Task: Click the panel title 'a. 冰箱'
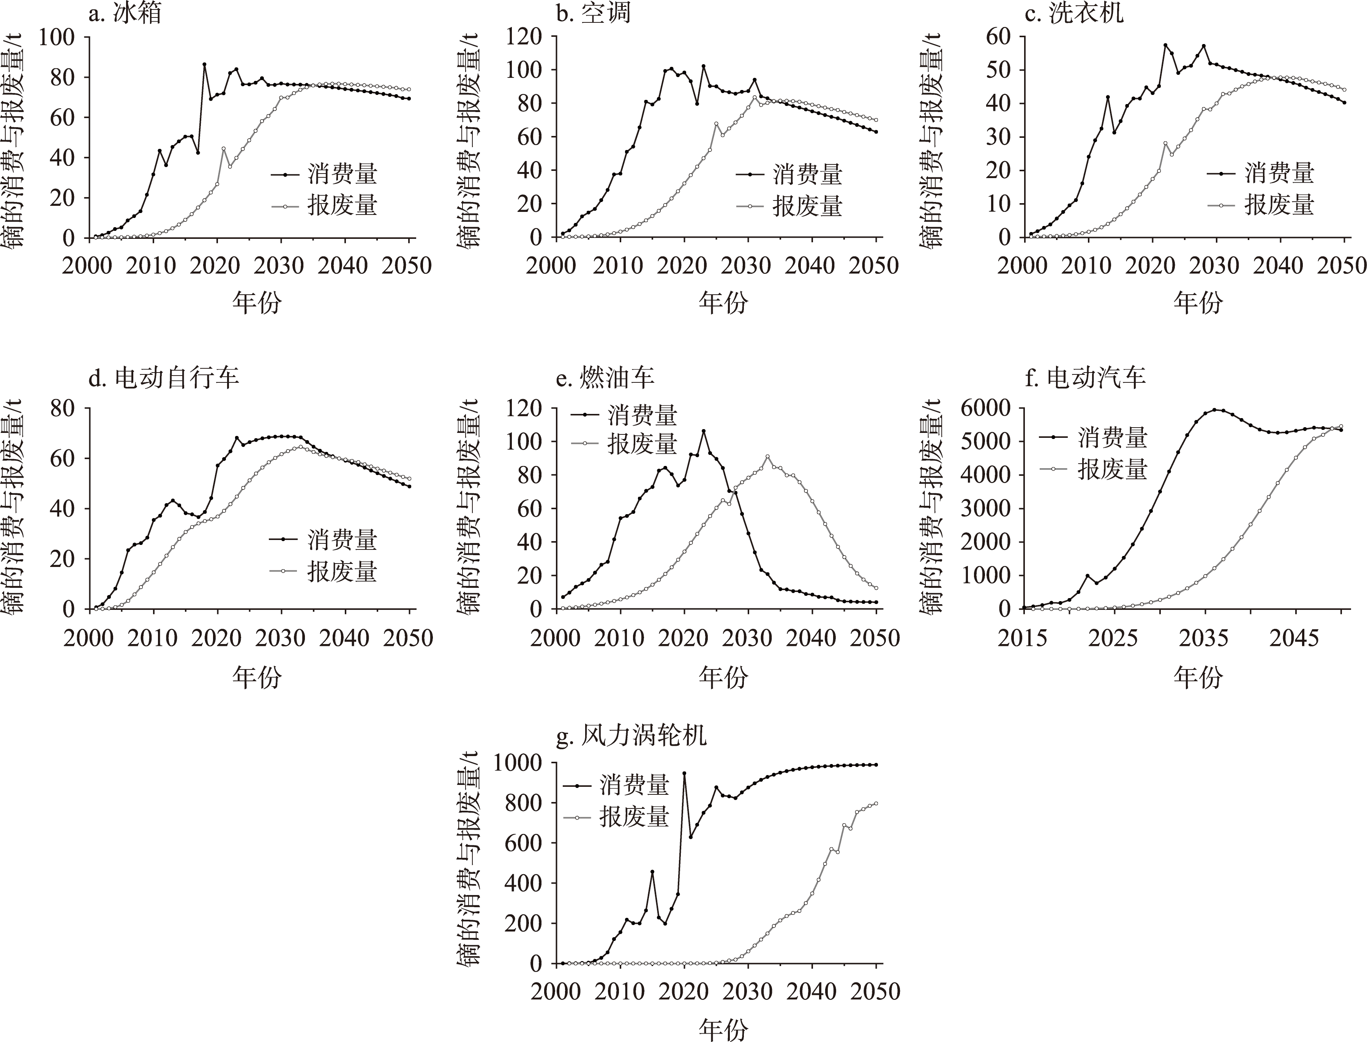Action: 125,13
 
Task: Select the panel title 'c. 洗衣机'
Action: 1073,13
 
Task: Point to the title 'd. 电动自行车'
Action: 164,377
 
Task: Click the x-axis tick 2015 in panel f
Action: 1023,638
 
